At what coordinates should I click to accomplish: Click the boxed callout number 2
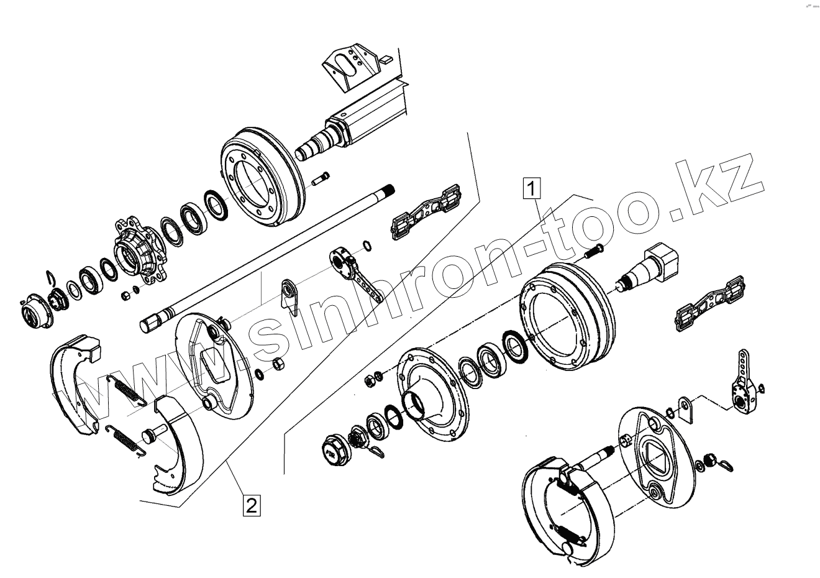(x=250, y=505)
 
